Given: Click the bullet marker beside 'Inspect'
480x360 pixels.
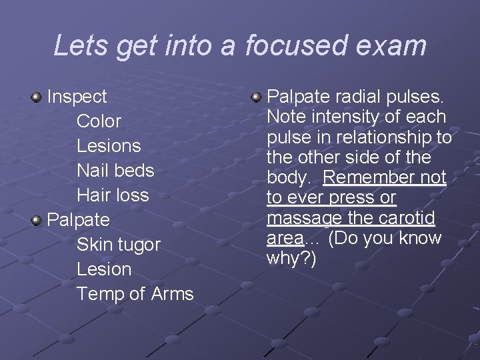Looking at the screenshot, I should (37, 97).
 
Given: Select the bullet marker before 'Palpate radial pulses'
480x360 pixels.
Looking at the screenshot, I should (257, 98).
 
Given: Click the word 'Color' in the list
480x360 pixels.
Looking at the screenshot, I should (99, 121).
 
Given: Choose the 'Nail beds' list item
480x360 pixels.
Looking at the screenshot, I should (115, 171).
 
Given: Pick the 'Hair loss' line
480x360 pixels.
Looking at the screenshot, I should (113, 195).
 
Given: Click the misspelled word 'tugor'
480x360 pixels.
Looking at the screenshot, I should (138, 245).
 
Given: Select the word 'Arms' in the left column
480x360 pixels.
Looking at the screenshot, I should (172, 294).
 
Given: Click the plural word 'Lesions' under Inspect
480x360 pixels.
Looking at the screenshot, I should (109, 146).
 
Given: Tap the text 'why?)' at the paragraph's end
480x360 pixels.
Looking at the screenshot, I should (291, 258).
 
